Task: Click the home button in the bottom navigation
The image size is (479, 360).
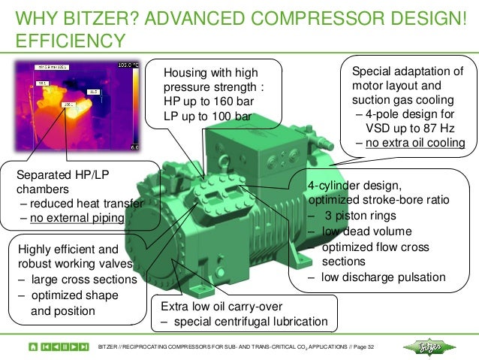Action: pos(33,346)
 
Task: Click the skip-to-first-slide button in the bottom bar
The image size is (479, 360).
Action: pos(47,346)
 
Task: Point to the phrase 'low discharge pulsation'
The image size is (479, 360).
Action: pos(383,277)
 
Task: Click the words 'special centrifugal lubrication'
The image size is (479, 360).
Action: pos(251,322)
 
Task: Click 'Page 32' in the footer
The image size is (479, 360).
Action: pos(367,346)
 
